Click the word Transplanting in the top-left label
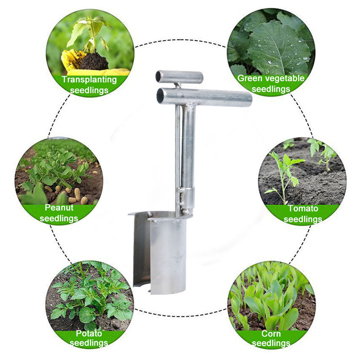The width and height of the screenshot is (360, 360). [89, 80]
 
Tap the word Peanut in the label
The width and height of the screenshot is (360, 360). [59, 208]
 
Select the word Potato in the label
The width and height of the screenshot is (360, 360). [89, 333]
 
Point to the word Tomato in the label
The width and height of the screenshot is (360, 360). [303, 208]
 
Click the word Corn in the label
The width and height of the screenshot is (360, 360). [271, 334]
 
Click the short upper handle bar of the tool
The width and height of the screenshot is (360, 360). [180, 76]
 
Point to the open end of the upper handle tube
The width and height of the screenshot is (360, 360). [158, 77]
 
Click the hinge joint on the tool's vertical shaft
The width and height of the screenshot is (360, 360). [187, 196]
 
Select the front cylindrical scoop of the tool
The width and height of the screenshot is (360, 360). [167, 254]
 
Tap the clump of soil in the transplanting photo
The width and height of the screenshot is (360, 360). [93, 61]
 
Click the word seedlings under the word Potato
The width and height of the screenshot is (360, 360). [89, 343]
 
